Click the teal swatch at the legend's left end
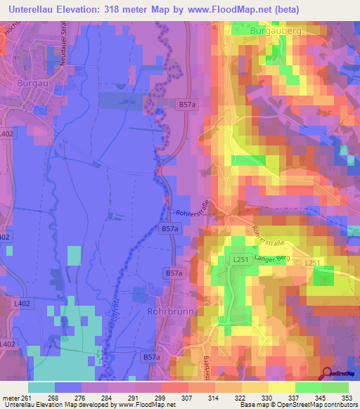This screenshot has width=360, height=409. (x=41, y=387)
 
